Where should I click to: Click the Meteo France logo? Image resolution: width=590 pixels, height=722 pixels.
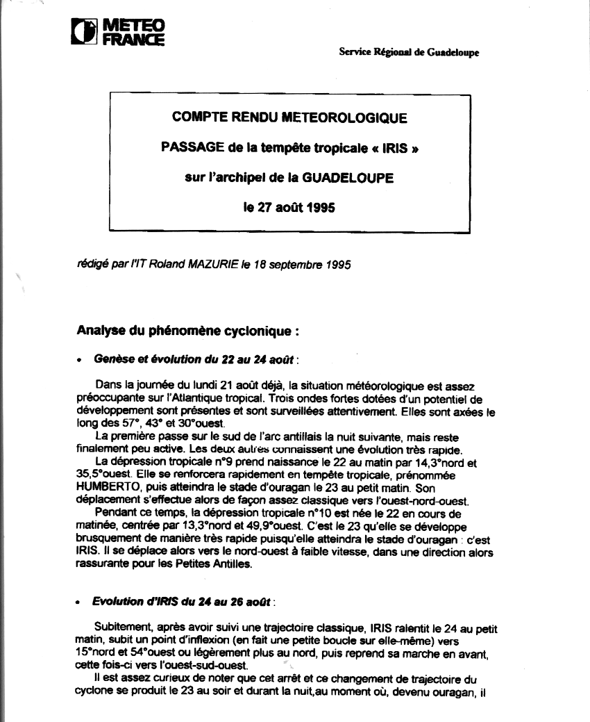pyautogui.click(x=118, y=32)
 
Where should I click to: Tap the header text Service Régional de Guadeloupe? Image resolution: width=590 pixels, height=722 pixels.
pyautogui.click(x=408, y=52)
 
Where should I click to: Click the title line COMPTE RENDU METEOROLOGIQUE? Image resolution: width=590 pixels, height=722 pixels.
pyautogui.click(x=289, y=118)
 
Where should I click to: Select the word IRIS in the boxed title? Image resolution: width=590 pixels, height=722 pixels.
pyautogui.click(x=382, y=148)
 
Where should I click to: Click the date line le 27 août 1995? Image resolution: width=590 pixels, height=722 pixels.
pyautogui.click(x=289, y=207)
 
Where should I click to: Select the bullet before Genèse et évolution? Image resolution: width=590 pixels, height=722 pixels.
pyautogui.click(x=81, y=361)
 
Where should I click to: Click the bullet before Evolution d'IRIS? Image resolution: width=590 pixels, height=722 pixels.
pyautogui.click(x=81, y=600)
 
